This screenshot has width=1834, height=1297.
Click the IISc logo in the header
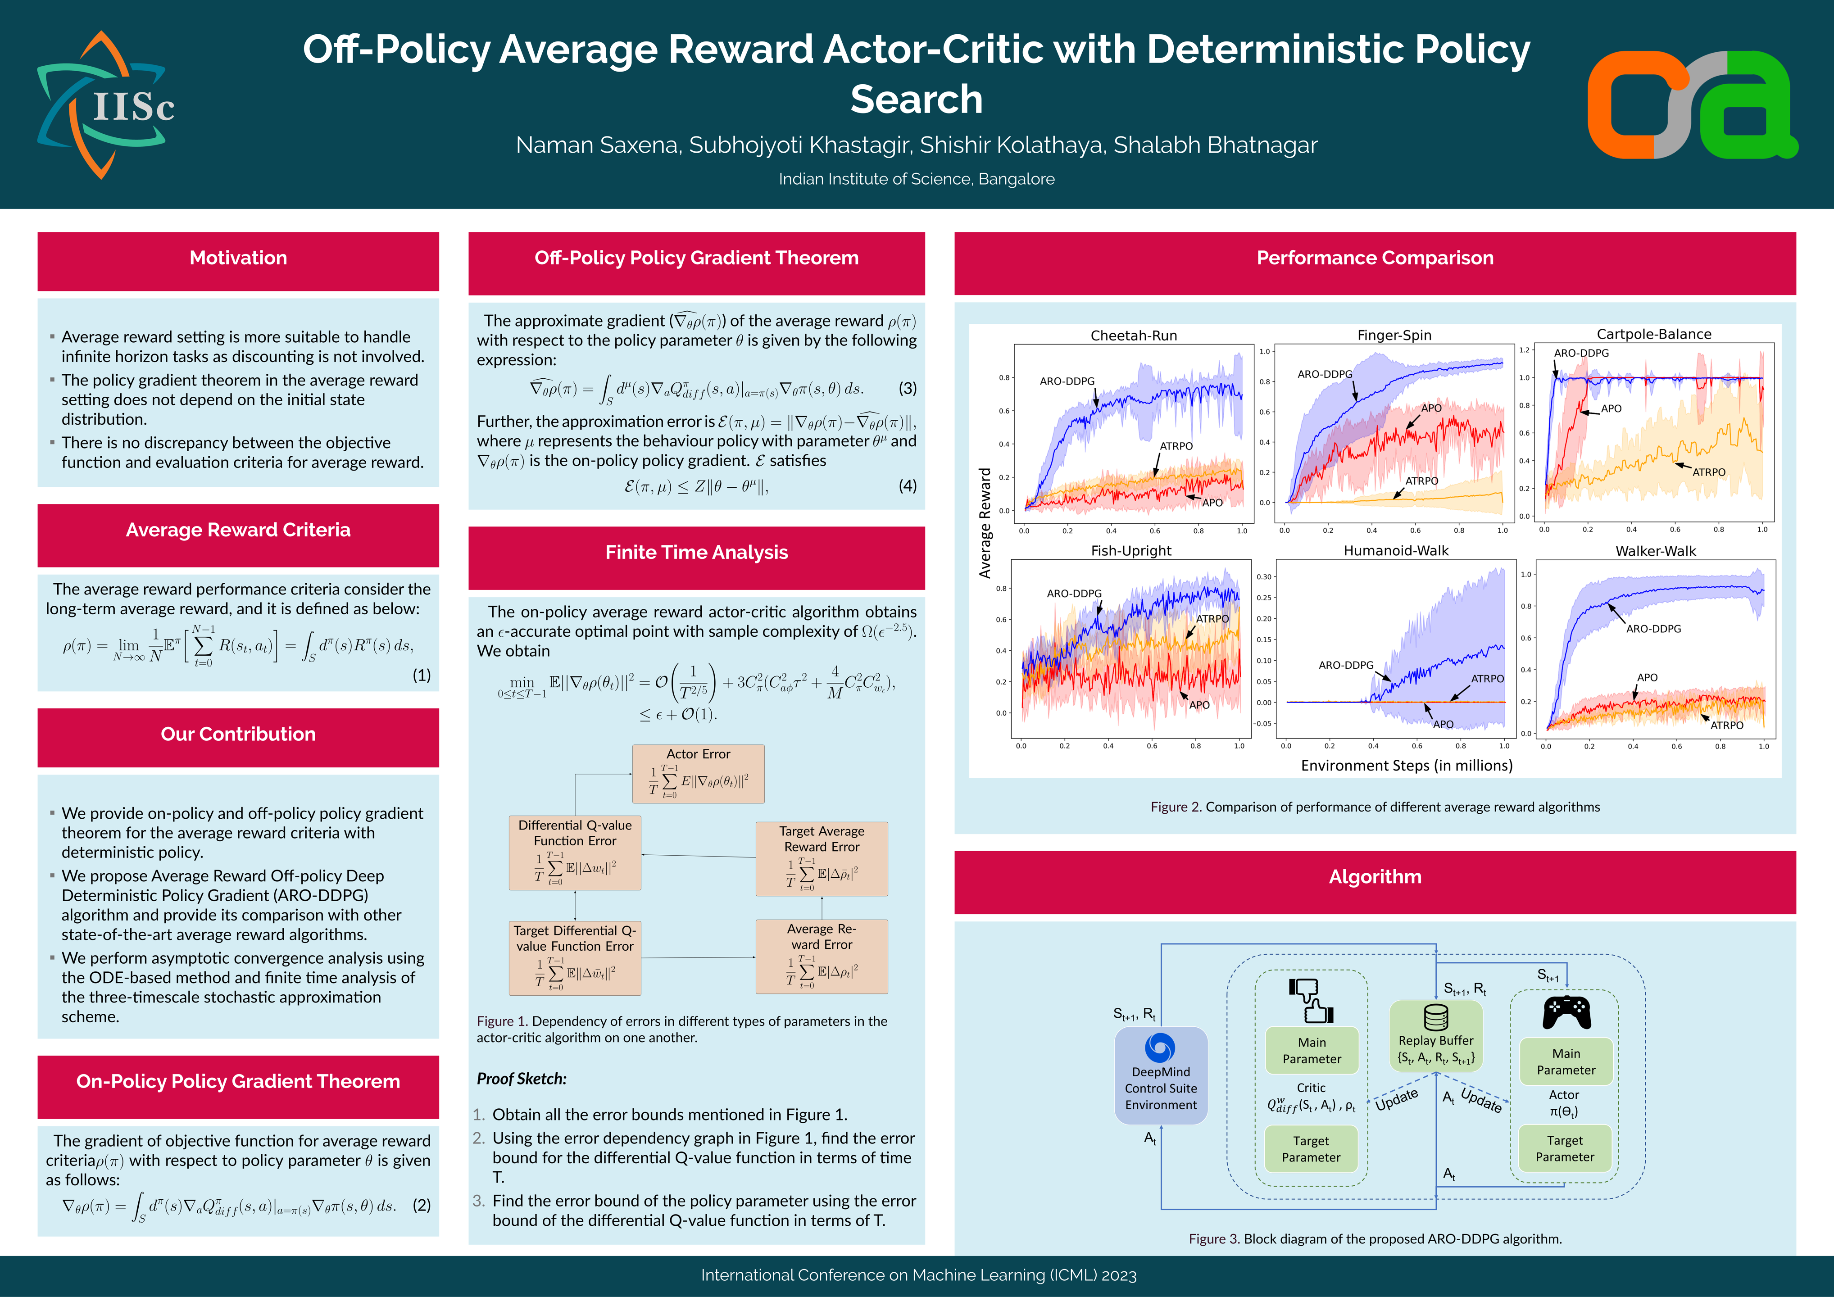click(105, 104)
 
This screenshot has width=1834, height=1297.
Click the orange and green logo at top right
click(1692, 104)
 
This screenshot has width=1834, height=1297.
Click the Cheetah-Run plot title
click(1134, 336)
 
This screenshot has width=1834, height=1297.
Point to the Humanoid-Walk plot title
click(1395, 550)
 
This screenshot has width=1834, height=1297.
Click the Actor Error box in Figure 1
click(698, 774)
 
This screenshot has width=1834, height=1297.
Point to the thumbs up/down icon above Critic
click(1311, 1001)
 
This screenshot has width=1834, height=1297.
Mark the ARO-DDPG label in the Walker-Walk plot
click(1653, 629)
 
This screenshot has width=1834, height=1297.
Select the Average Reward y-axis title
click(985, 523)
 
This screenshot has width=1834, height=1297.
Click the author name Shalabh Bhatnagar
click(1215, 145)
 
